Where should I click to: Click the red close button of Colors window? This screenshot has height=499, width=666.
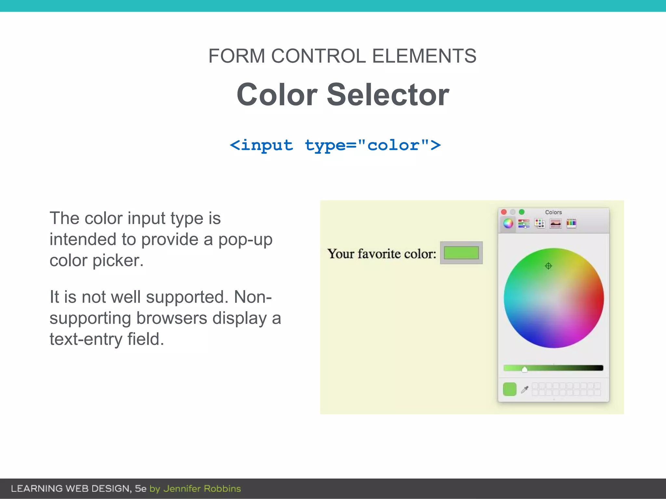[x=504, y=212]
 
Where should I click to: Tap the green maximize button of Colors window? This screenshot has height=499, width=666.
[x=522, y=212]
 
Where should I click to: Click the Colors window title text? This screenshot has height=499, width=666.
[x=553, y=212]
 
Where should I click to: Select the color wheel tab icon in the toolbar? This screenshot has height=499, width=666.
[x=508, y=223]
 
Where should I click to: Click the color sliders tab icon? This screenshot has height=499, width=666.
[x=524, y=223]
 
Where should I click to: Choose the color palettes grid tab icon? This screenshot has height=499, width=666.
[x=539, y=223]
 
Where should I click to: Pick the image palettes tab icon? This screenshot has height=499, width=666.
[x=555, y=224]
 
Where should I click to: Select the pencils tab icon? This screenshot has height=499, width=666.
[x=571, y=223]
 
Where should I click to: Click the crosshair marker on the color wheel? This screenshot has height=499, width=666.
[x=548, y=266]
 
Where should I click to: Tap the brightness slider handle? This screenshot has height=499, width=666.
[x=524, y=369]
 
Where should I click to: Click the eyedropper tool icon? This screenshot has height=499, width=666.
[x=525, y=389]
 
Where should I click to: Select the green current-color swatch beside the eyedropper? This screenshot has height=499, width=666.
[x=510, y=389]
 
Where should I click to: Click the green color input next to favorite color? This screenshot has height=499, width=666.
[x=461, y=253]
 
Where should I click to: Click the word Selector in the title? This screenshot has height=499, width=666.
[x=388, y=95]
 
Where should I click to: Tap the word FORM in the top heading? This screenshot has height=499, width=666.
[x=236, y=56]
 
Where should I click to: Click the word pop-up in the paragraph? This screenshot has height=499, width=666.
[x=245, y=240]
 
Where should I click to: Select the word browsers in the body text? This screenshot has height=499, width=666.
[x=171, y=318]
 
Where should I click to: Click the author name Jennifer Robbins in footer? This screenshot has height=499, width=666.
[x=202, y=489]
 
